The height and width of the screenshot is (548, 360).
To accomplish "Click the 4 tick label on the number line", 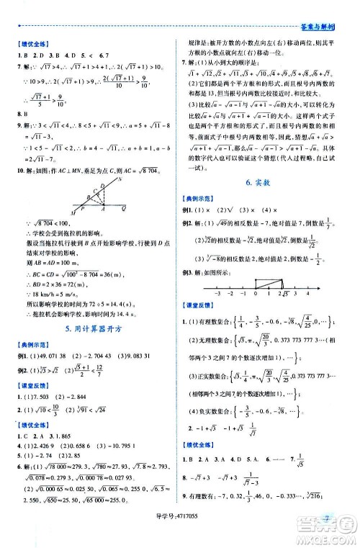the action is pyautogui.click(x=308, y=293).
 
